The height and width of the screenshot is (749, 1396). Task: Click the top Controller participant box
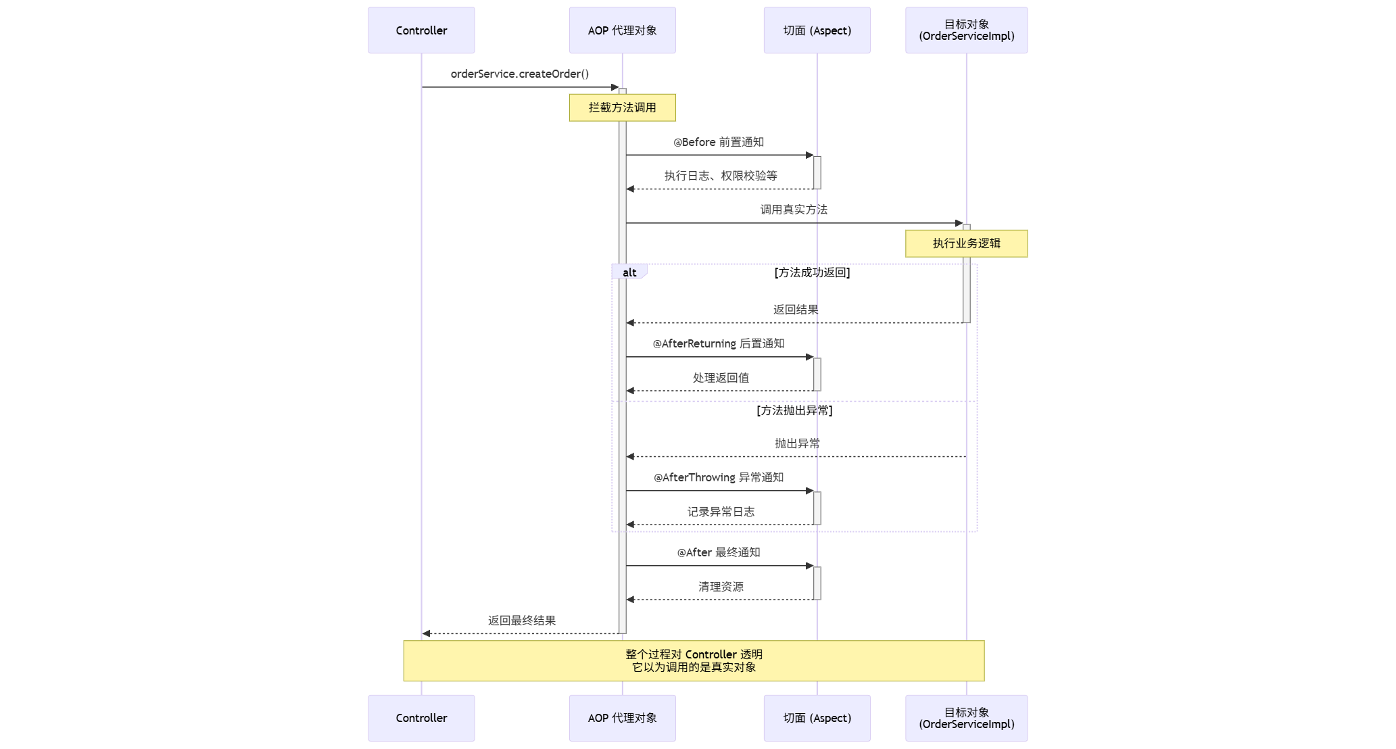[421, 30]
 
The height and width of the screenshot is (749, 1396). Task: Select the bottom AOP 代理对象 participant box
[622, 718]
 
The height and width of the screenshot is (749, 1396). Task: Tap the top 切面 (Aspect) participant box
[817, 30]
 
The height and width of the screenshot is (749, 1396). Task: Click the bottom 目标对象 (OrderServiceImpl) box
[966, 718]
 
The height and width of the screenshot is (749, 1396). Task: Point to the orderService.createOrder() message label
[519, 74]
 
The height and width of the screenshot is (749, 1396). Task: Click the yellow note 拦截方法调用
[622, 107]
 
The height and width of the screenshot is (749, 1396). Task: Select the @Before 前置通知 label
[718, 142]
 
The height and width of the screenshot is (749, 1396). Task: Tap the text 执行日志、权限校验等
[721, 176]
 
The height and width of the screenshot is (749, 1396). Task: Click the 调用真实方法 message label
[794, 210]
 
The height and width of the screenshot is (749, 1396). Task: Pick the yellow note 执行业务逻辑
[966, 243]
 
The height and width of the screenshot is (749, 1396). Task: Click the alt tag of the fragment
[629, 272]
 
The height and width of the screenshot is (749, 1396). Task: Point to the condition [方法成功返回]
[812, 272]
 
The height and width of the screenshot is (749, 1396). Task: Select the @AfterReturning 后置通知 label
[718, 343]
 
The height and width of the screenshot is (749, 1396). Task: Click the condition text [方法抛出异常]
[794, 410]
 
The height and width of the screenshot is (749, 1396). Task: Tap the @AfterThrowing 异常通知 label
[718, 477]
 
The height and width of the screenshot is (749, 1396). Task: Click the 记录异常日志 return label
[721, 512]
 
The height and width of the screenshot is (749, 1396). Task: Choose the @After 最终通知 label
[718, 552]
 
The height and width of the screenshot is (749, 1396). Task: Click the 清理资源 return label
[721, 587]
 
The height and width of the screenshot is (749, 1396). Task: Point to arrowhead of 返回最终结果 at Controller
[426, 633]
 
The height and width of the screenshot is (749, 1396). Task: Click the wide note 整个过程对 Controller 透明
[694, 660]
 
